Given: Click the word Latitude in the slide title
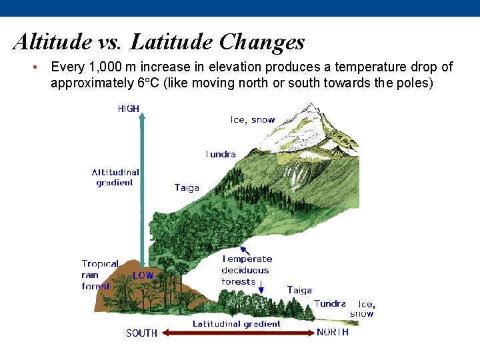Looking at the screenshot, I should pos(171,42).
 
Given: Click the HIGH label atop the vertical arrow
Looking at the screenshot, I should pos(129,109).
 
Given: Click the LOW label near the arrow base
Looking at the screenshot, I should pos(143,275).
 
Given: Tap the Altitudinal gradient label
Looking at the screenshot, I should pos(115,177).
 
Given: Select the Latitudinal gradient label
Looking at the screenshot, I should pos(236,324).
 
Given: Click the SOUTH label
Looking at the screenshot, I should pos(142,333).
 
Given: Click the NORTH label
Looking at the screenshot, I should pos(332,332).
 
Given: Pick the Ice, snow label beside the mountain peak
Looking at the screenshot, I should pos(252,120).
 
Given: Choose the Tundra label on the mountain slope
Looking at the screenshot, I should pos(221,154).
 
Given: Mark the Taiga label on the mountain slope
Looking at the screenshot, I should pos(187,188).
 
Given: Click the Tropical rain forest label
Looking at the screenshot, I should pos(99,275).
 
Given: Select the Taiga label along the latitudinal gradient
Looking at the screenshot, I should pos(299,290).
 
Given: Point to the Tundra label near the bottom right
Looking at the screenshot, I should pos(329,303).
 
